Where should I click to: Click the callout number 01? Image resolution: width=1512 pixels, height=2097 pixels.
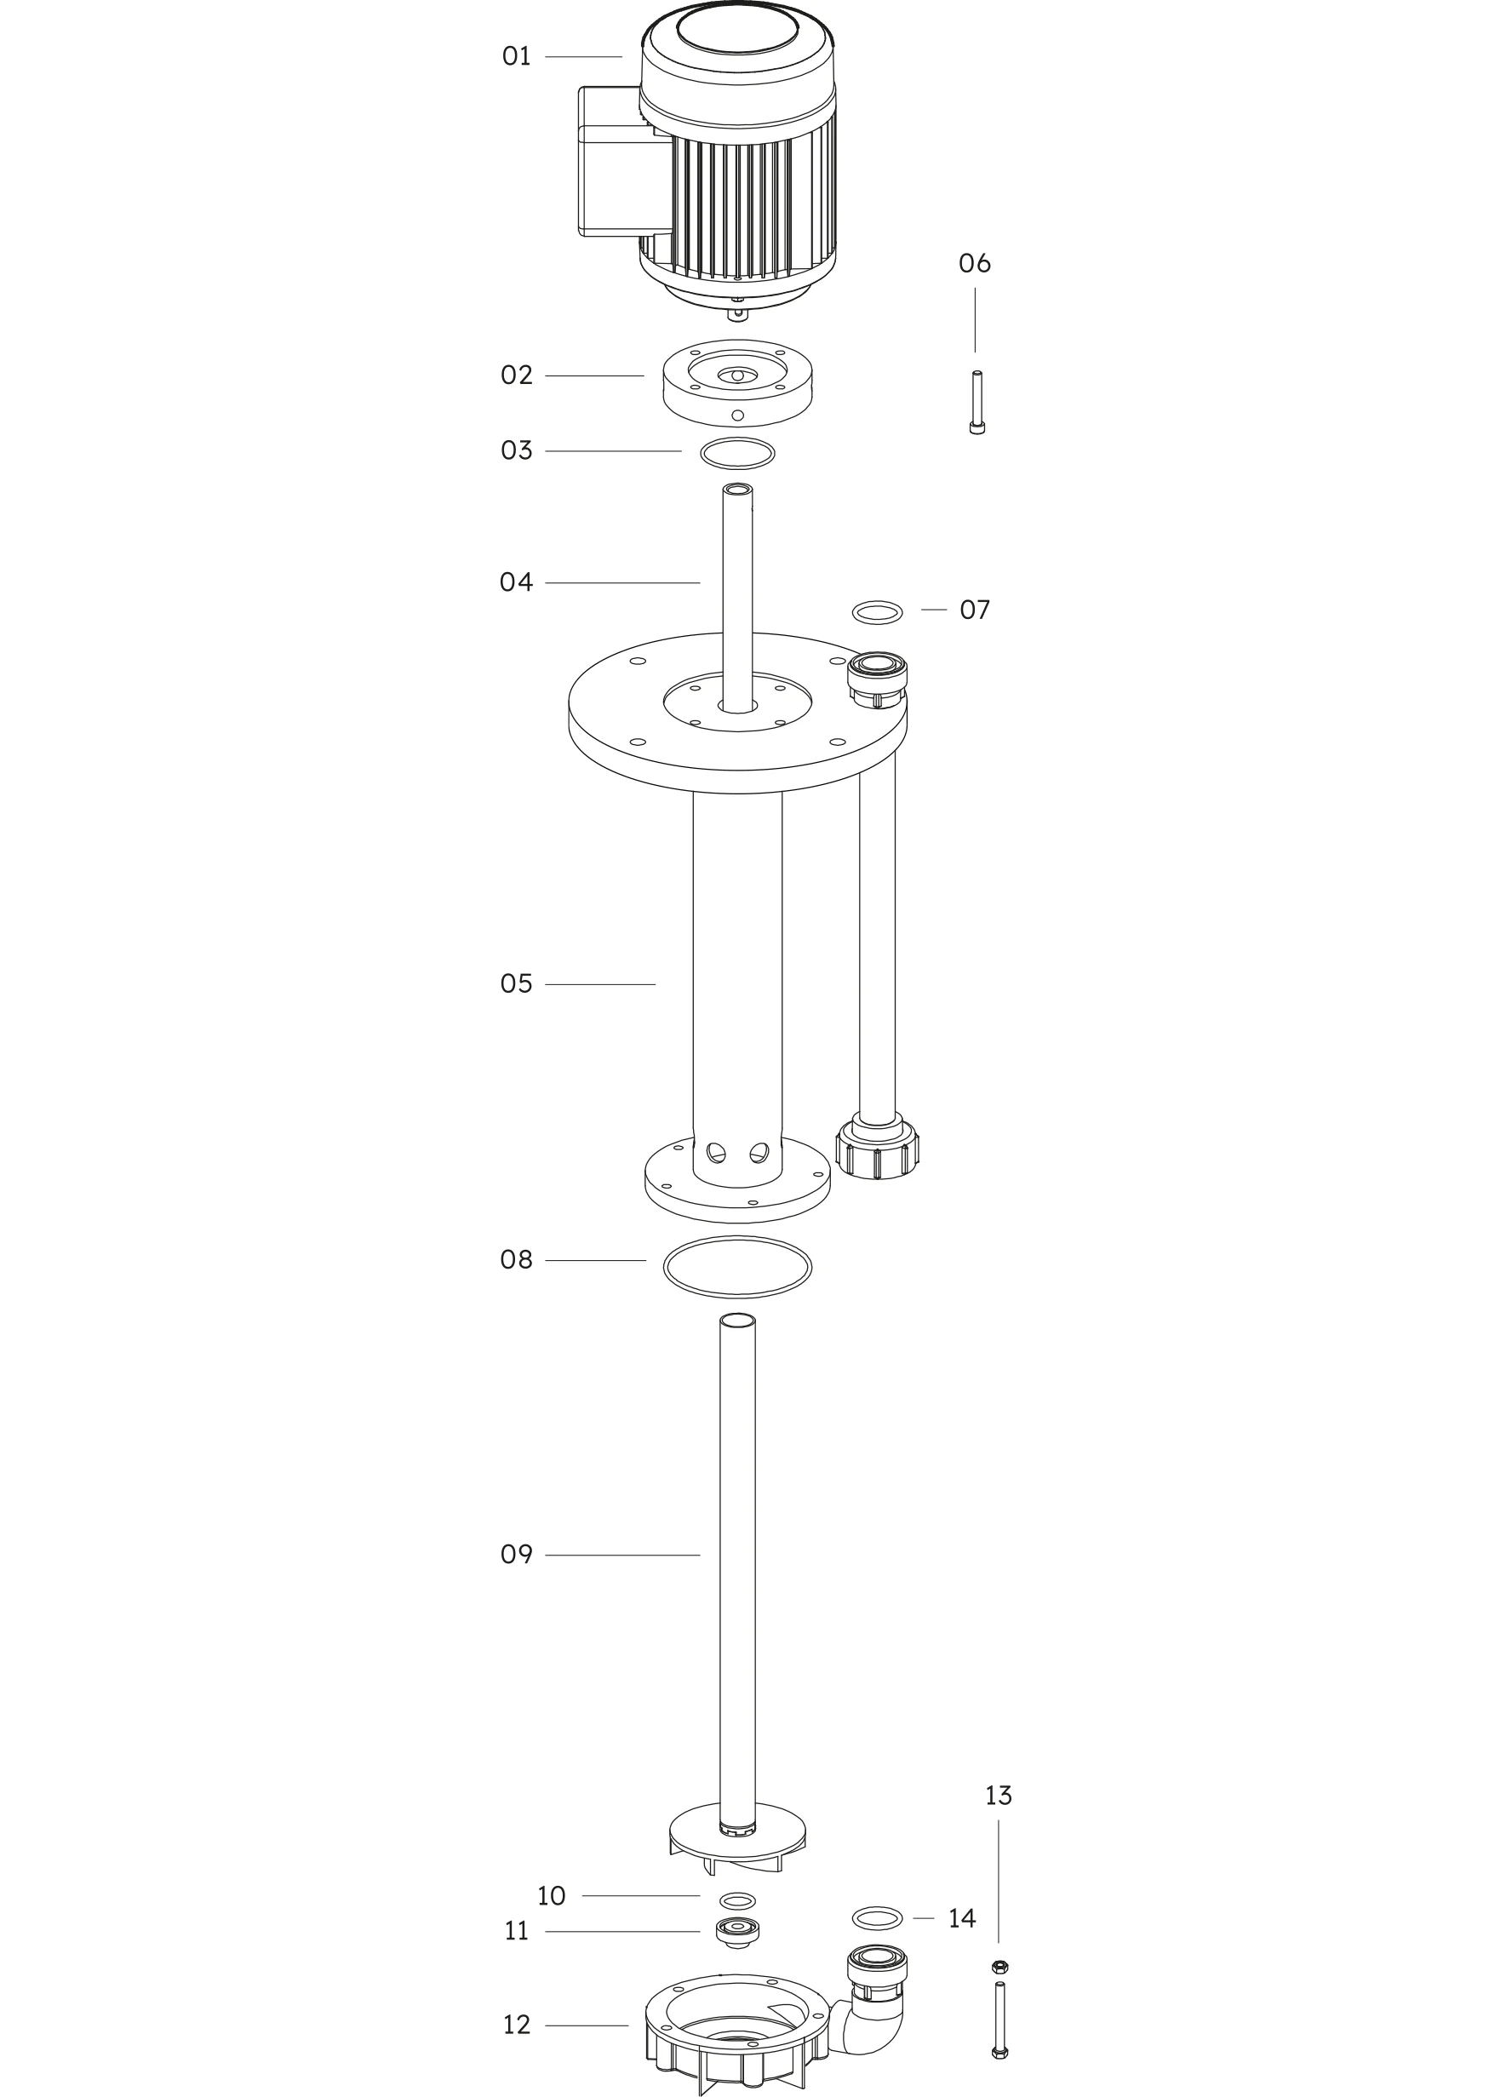(516, 56)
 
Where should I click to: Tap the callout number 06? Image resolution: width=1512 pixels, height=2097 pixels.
(975, 264)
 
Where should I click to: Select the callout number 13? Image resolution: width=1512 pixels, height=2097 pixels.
(998, 1796)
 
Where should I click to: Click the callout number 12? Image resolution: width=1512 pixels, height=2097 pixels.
(516, 2025)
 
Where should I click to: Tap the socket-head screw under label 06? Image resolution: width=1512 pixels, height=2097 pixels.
(976, 402)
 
